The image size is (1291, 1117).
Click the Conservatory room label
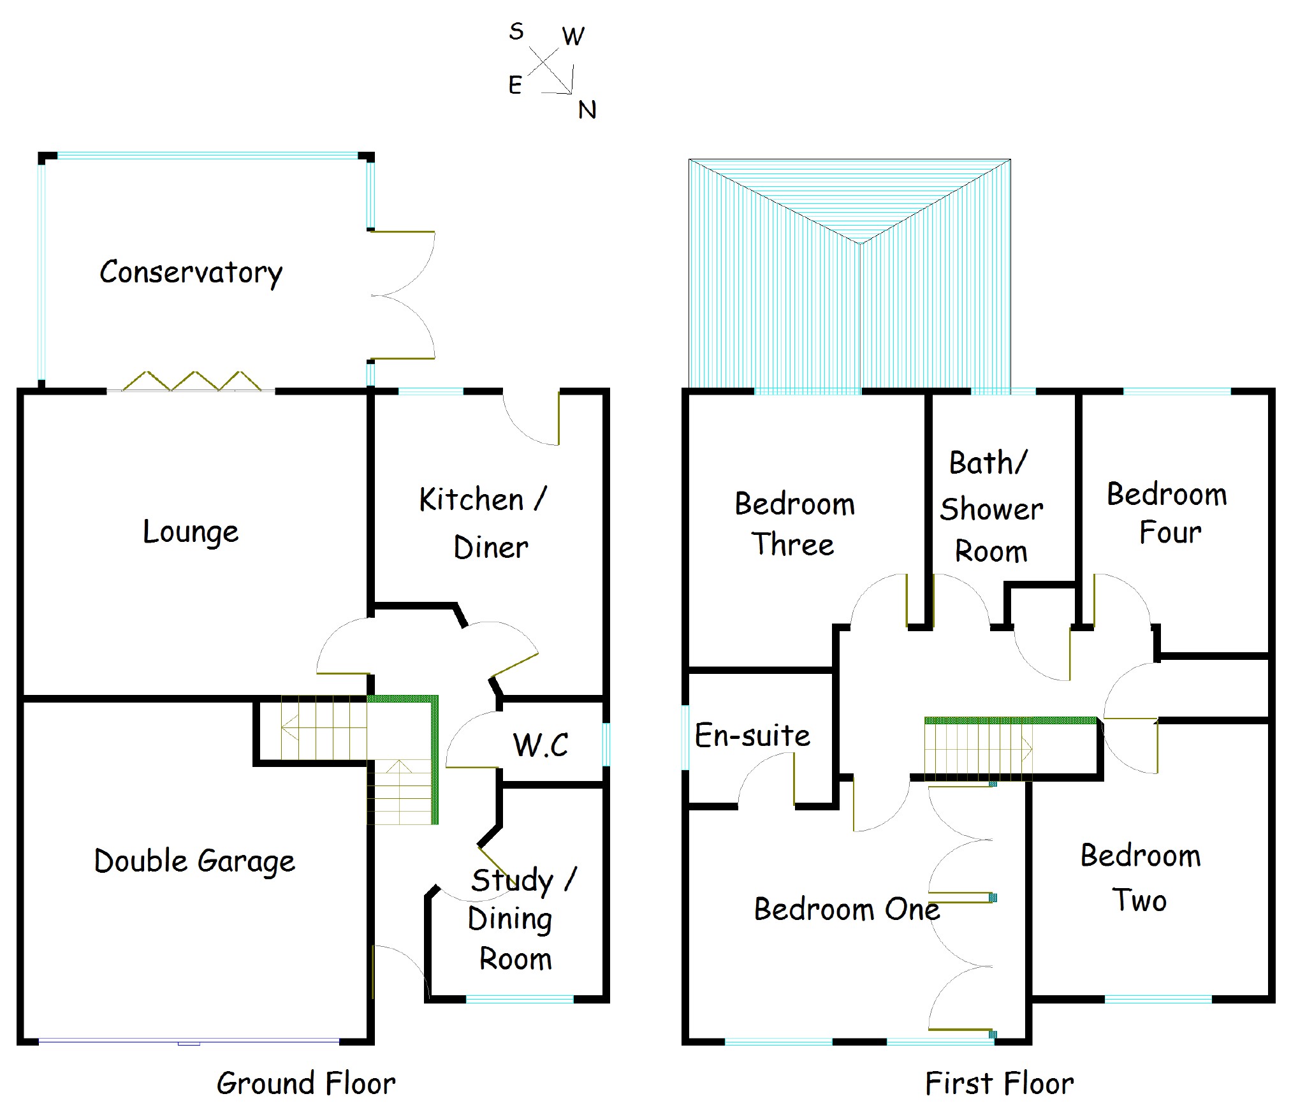click(x=191, y=273)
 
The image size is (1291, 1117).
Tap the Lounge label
click(x=191, y=532)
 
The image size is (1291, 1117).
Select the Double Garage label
click(x=194, y=861)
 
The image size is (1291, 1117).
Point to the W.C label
click(x=541, y=745)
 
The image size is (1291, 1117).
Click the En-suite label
click(x=752, y=736)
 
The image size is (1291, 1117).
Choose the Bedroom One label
click(x=847, y=909)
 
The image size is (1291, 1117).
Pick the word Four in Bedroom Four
click(x=1170, y=532)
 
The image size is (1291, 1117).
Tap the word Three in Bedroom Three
click(x=792, y=544)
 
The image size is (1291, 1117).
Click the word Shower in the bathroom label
click(x=991, y=509)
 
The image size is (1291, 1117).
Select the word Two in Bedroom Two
click(x=1140, y=900)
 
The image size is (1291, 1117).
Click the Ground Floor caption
click(x=306, y=1084)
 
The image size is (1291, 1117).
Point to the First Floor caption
click(x=999, y=1084)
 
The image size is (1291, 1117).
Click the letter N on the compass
click(x=587, y=110)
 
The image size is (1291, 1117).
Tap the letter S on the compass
click(x=516, y=31)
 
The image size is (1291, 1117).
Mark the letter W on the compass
click(x=573, y=36)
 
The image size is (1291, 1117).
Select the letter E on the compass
click(x=515, y=85)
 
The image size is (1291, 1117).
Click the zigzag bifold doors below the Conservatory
click(x=191, y=381)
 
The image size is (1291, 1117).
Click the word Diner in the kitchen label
click(x=491, y=548)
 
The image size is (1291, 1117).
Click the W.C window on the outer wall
click(x=606, y=744)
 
